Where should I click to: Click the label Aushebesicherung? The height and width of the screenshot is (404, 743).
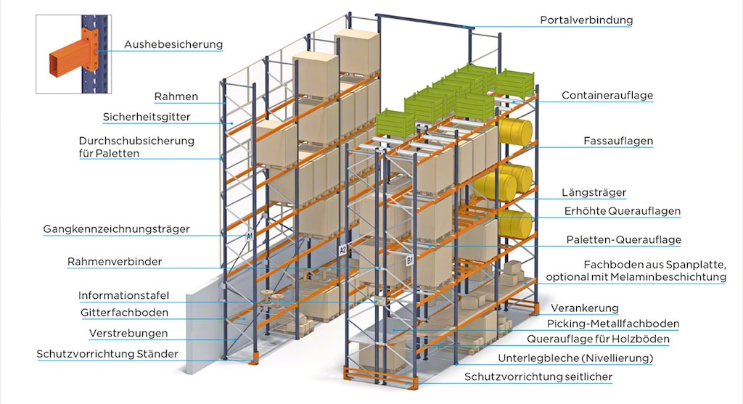[x=173, y=44]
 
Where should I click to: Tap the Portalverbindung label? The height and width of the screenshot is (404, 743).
[x=586, y=20]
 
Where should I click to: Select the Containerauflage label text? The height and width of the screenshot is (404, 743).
[x=607, y=95]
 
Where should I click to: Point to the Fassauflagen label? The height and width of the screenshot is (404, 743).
[x=618, y=141]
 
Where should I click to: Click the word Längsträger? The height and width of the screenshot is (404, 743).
[x=594, y=192]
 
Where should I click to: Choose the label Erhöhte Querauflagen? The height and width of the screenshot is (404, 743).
[x=623, y=211]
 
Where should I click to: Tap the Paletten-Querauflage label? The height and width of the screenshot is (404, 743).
[x=623, y=239]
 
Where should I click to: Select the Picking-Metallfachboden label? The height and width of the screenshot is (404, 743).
[x=614, y=323]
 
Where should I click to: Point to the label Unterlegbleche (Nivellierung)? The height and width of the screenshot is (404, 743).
[x=575, y=358]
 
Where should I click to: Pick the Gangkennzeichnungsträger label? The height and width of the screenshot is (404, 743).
[x=116, y=229]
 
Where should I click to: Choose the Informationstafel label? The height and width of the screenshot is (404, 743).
[x=123, y=296]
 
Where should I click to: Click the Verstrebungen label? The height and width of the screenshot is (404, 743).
[x=128, y=334]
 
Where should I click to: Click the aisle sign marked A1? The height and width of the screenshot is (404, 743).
[x=250, y=236]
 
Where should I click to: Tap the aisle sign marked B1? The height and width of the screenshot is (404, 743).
[x=410, y=258]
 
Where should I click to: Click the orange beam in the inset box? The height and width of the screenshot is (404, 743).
[x=64, y=61]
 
